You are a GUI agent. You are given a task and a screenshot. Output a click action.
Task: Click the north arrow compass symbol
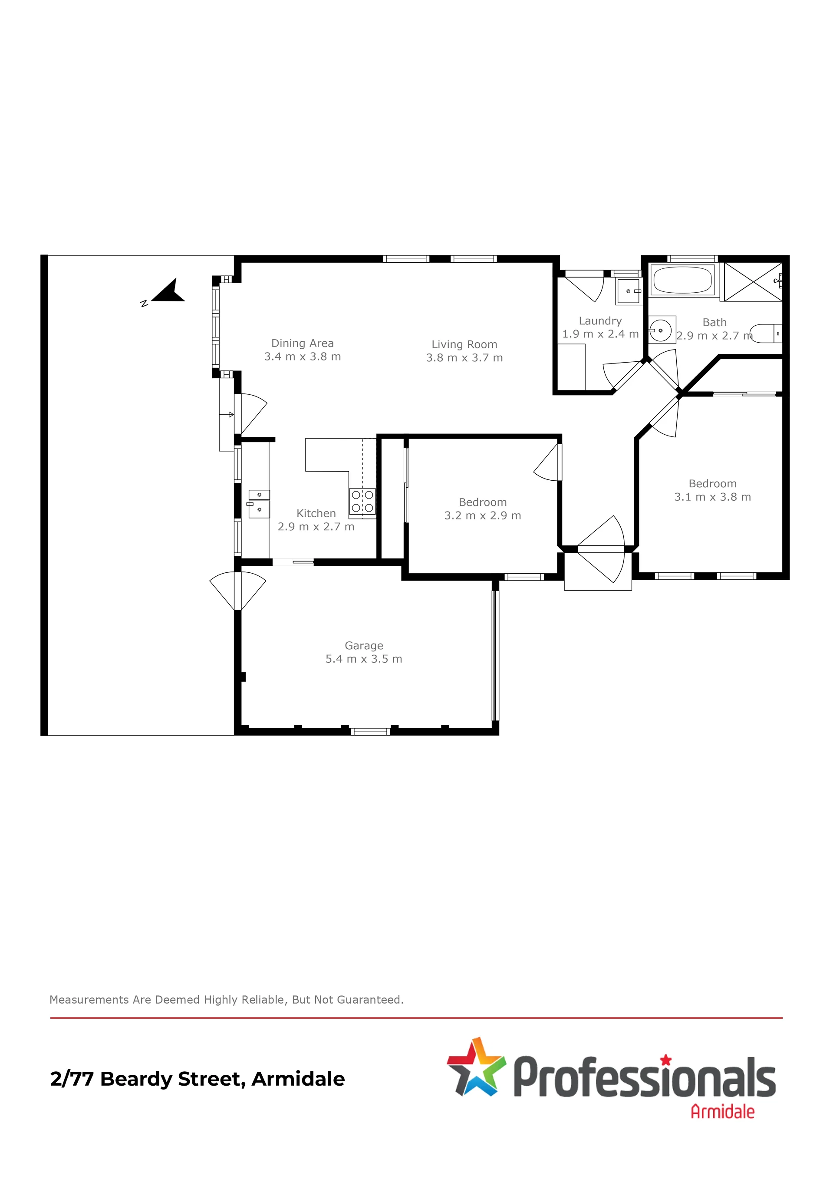170,292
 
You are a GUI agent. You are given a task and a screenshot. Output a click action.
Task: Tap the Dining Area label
302,343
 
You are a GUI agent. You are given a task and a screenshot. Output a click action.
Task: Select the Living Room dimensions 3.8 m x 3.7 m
464,358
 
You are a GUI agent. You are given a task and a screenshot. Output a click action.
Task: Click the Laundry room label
600,321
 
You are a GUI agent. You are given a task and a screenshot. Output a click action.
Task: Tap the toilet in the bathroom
766,333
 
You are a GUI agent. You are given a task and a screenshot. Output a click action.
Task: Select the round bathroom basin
661,330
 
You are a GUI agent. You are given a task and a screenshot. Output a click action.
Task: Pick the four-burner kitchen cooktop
362,501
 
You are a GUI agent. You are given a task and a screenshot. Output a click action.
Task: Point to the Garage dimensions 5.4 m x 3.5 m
364,659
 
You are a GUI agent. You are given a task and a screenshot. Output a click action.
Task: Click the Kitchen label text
316,513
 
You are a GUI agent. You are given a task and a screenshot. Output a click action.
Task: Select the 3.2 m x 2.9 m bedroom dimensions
482,515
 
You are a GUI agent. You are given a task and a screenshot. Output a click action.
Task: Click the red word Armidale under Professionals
723,1112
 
